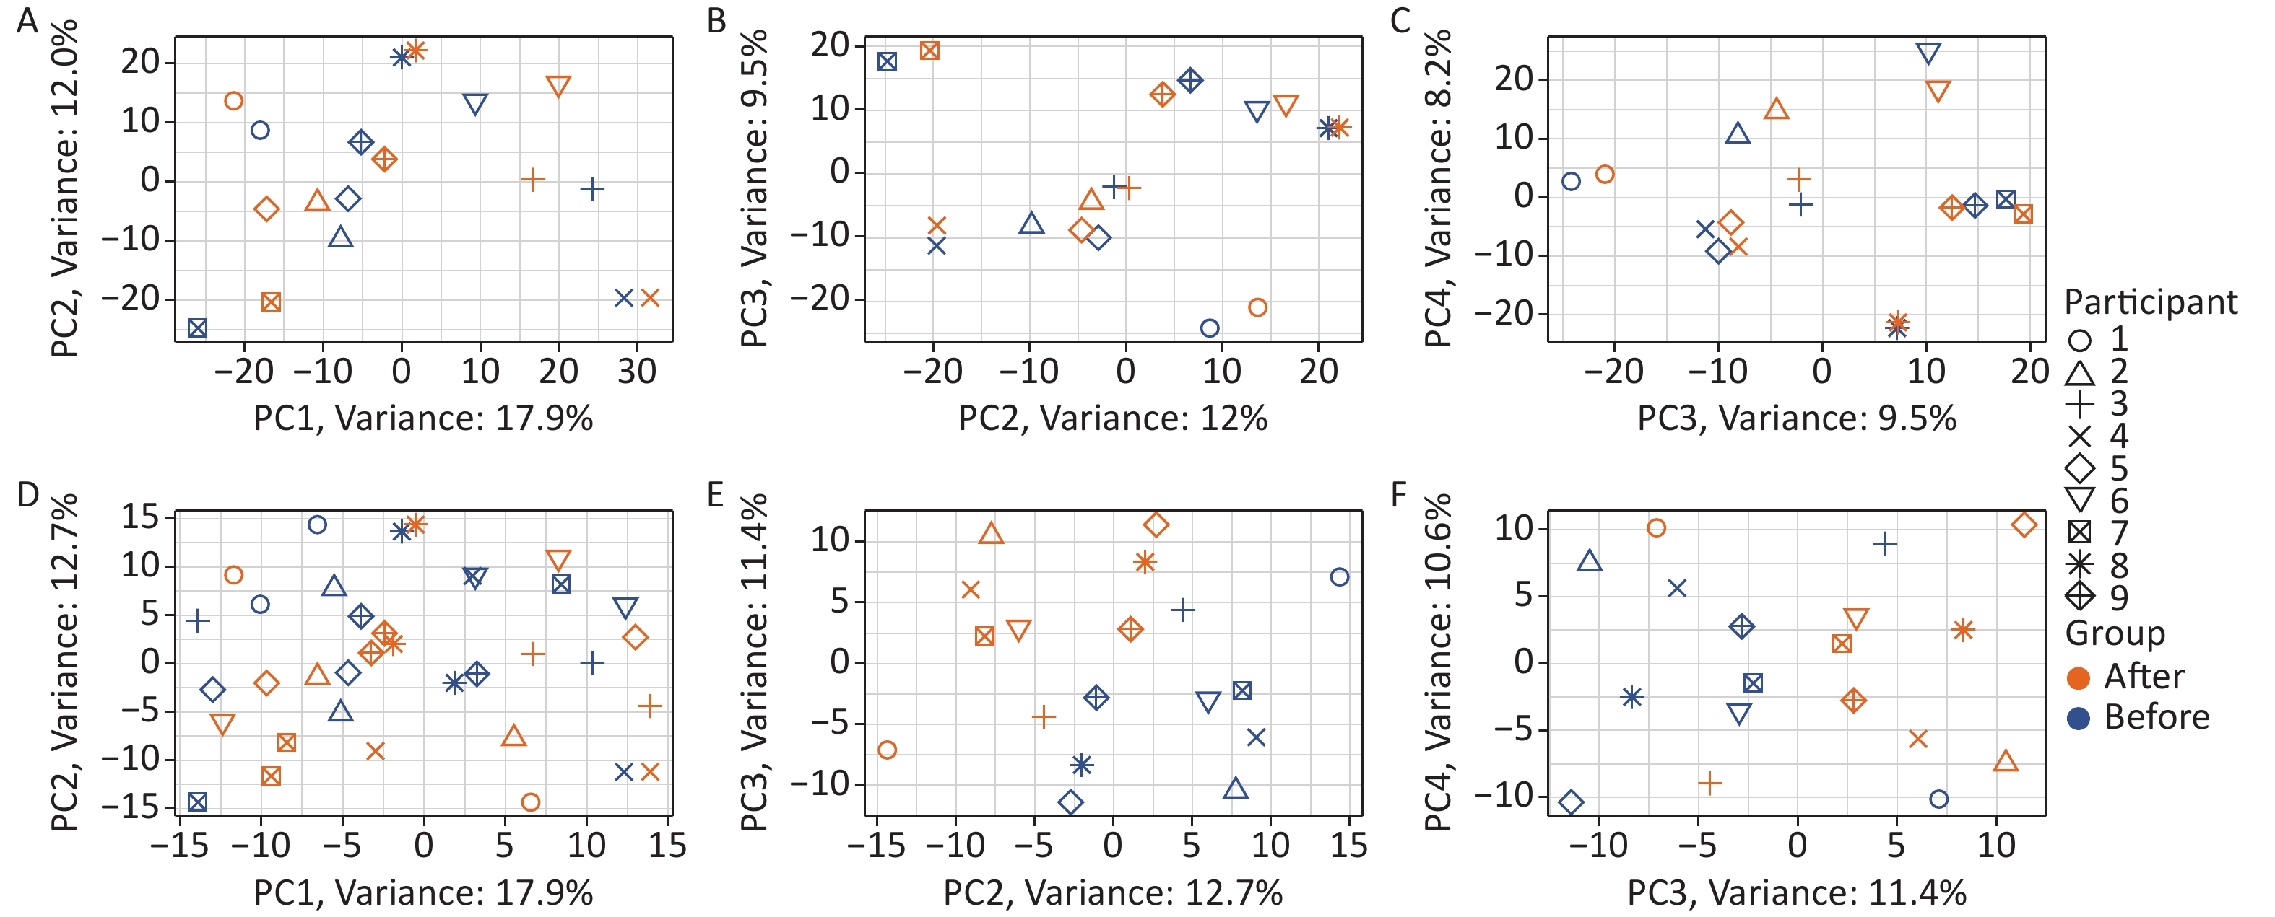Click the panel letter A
point(27,19)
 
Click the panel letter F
point(1398,495)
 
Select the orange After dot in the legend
point(2080,677)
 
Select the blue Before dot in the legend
point(2080,719)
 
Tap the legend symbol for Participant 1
point(2080,340)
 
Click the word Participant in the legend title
point(2151,303)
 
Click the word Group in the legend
point(2115,633)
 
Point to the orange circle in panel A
point(233,100)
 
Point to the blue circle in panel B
point(1210,328)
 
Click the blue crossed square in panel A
point(197,328)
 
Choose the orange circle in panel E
point(888,750)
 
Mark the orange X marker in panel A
point(650,298)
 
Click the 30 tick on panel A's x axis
point(637,372)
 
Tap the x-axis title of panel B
point(1113,418)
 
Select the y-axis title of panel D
point(65,662)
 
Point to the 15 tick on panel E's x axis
point(1349,846)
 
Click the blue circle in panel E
point(1340,577)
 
